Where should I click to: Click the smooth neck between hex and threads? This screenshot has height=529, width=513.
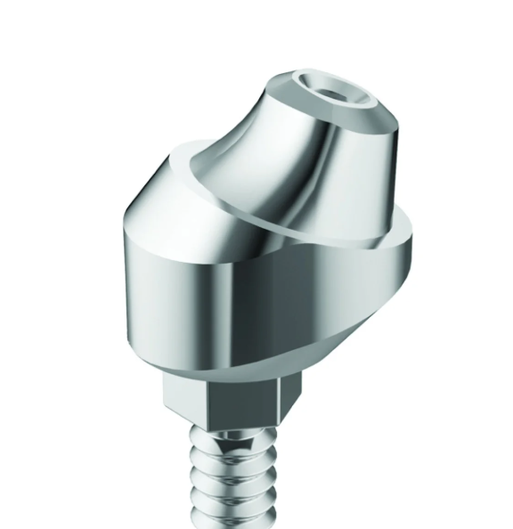[236, 435]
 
